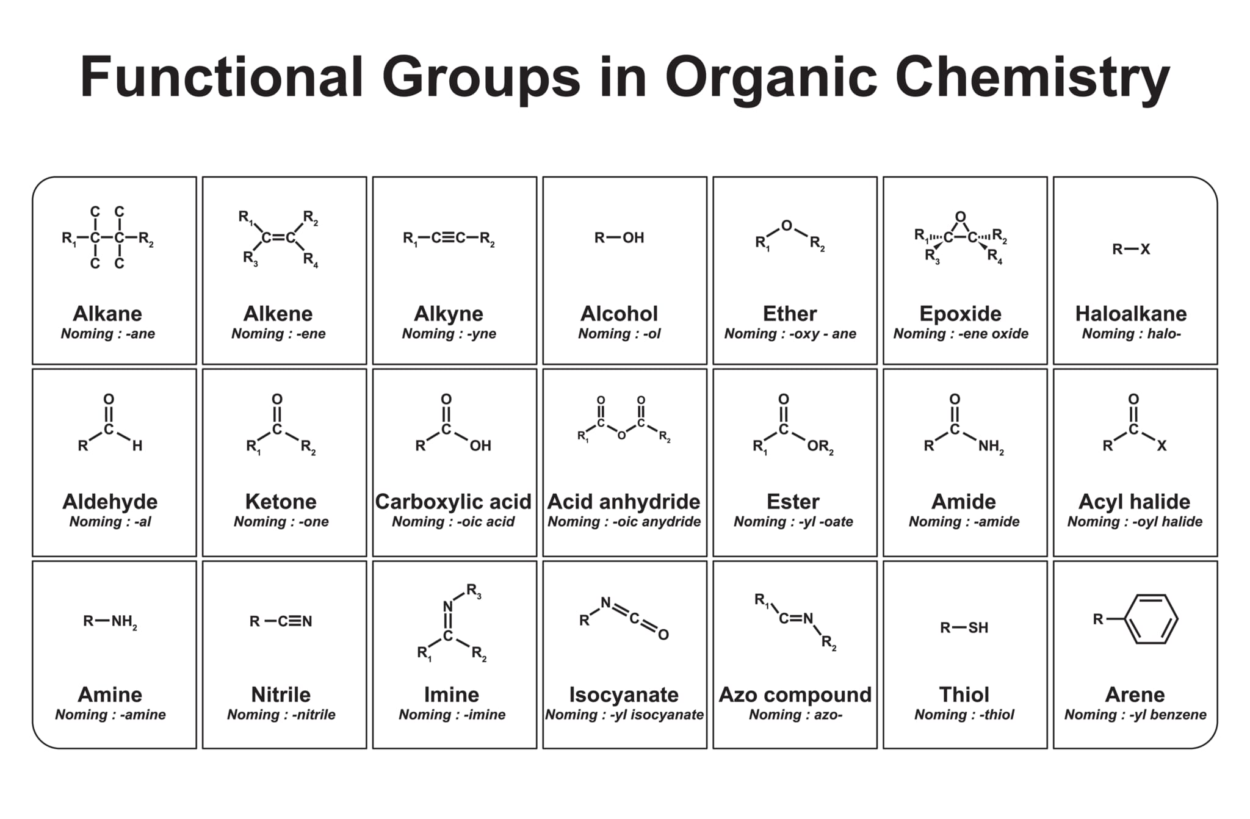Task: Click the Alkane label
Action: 107,314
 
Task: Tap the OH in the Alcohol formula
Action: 633,238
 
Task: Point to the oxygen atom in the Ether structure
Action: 787,226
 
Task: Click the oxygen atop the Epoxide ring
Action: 960,217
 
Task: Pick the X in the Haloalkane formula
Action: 1145,249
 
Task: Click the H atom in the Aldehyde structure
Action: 137,446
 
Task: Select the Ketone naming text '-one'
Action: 313,522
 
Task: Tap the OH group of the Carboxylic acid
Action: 480,446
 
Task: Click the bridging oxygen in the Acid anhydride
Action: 621,436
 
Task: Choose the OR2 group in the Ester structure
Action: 820,447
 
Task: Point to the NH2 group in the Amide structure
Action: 991,447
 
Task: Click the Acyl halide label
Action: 1134,502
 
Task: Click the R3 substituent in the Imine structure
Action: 474,590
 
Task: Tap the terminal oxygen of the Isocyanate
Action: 663,635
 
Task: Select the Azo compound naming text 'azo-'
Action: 828,715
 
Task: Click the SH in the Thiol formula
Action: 978,628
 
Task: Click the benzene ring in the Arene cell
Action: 1151,619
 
